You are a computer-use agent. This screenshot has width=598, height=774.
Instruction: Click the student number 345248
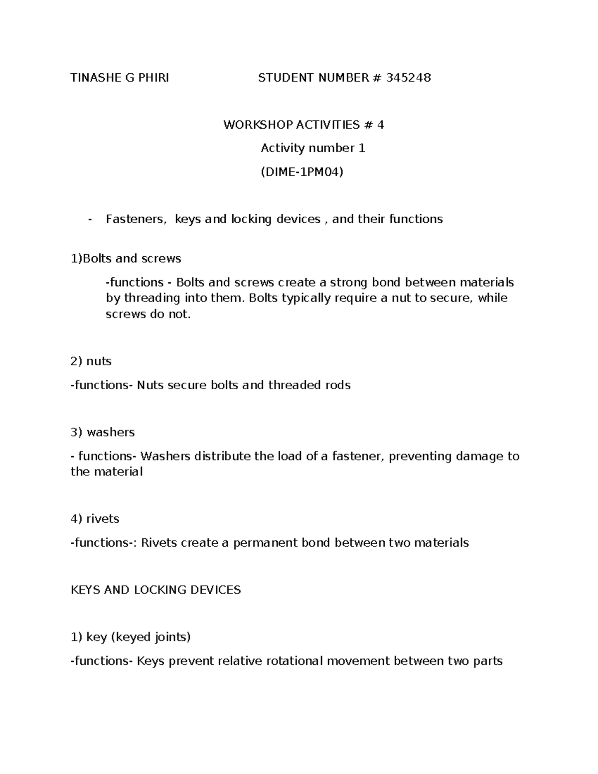pyautogui.click(x=408, y=77)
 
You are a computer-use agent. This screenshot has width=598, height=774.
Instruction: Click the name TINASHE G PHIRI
pyautogui.click(x=120, y=77)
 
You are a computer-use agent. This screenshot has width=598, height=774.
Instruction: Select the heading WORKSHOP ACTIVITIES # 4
pyautogui.click(x=303, y=125)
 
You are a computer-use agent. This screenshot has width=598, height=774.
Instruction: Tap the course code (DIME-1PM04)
pyautogui.click(x=302, y=172)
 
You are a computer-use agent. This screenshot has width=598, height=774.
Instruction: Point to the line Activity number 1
pyautogui.click(x=313, y=148)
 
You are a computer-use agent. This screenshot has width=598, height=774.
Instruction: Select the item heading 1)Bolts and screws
pyautogui.click(x=126, y=259)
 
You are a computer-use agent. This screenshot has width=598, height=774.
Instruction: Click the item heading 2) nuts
pyautogui.click(x=91, y=361)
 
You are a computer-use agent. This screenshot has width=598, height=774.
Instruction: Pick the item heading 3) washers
pyautogui.click(x=103, y=432)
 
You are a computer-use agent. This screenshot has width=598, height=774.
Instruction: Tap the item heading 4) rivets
pyautogui.click(x=95, y=519)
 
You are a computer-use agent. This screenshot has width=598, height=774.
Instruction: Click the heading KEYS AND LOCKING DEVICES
pyautogui.click(x=155, y=590)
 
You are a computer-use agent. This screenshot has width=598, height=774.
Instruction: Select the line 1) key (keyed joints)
pyautogui.click(x=131, y=637)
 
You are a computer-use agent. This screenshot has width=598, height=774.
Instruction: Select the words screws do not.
pyautogui.click(x=148, y=314)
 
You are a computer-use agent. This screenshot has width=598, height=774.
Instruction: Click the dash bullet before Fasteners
pyautogui.click(x=89, y=219)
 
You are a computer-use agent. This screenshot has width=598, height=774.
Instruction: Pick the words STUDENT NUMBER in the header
pyautogui.click(x=312, y=77)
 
